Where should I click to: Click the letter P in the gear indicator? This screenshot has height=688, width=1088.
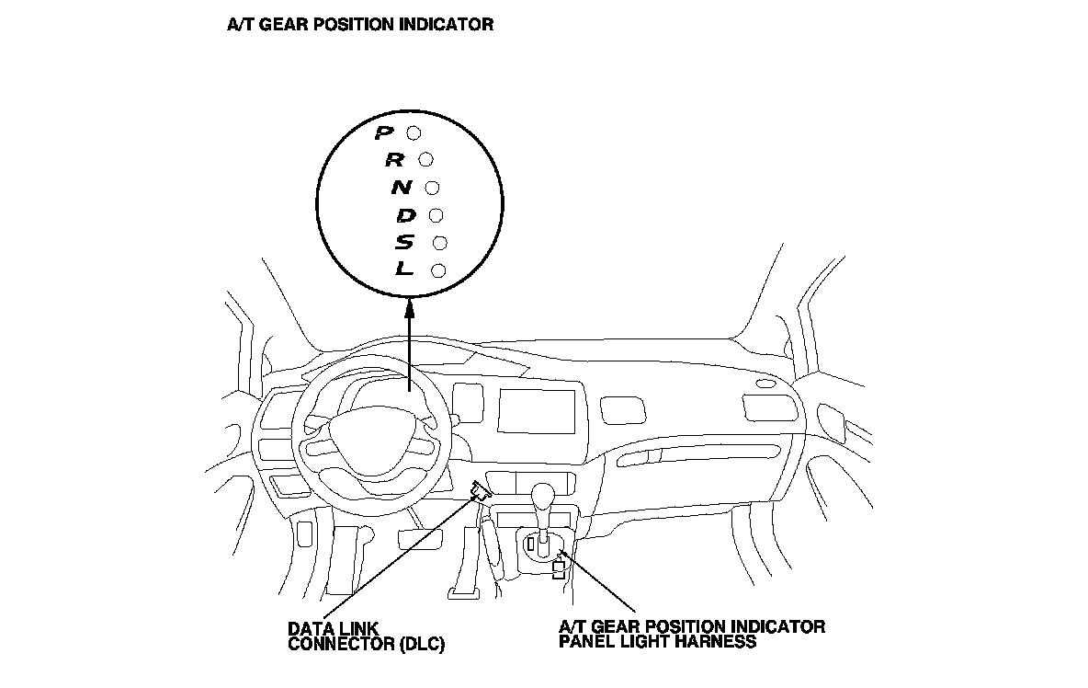pyautogui.click(x=384, y=133)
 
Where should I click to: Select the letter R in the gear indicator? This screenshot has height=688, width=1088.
pyautogui.click(x=394, y=160)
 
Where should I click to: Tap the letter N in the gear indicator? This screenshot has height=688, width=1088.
pyautogui.click(x=402, y=188)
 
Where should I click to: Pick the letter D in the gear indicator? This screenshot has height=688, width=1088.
pyautogui.click(x=406, y=215)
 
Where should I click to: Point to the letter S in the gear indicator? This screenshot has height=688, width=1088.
pyautogui.click(x=406, y=243)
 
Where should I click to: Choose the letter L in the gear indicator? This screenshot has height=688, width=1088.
pyautogui.click(x=405, y=270)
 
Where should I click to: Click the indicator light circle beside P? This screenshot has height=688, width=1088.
pyautogui.click(x=414, y=133)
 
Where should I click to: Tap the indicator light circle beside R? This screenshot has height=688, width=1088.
pyautogui.click(x=425, y=160)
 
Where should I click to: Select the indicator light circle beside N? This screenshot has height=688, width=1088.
pyautogui.click(x=432, y=189)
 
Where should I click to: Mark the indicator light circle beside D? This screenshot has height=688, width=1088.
pyautogui.click(x=436, y=216)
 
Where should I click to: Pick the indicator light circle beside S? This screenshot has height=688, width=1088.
pyautogui.click(x=438, y=243)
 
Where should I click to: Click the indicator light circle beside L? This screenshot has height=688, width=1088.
pyautogui.click(x=437, y=270)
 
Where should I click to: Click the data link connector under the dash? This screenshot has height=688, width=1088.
pyautogui.click(x=479, y=491)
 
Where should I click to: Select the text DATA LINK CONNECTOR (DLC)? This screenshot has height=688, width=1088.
pyautogui.click(x=366, y=636)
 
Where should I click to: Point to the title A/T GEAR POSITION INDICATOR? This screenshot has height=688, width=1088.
pyautogui.click(x=360, y=25)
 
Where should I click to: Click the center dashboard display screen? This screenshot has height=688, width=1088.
pyautogui.click(x=537, y=410)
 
